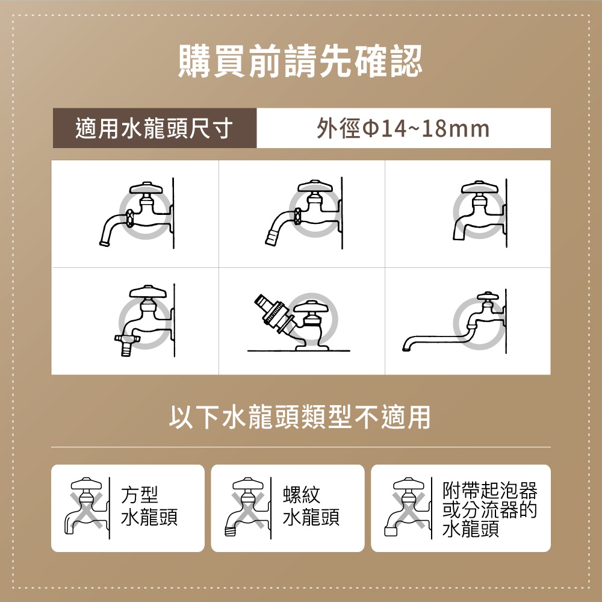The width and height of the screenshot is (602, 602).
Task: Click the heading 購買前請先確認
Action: [300, 62]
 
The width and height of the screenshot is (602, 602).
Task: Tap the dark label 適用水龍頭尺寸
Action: [154, 128]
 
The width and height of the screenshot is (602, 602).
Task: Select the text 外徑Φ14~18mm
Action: [403, 128]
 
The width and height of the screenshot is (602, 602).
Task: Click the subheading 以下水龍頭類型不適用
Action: [300, 417]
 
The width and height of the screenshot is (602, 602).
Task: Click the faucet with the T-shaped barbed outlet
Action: [144, 319]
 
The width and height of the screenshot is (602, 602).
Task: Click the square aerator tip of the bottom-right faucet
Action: [390, 532]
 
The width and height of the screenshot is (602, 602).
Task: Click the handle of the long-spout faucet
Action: [486, 296]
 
